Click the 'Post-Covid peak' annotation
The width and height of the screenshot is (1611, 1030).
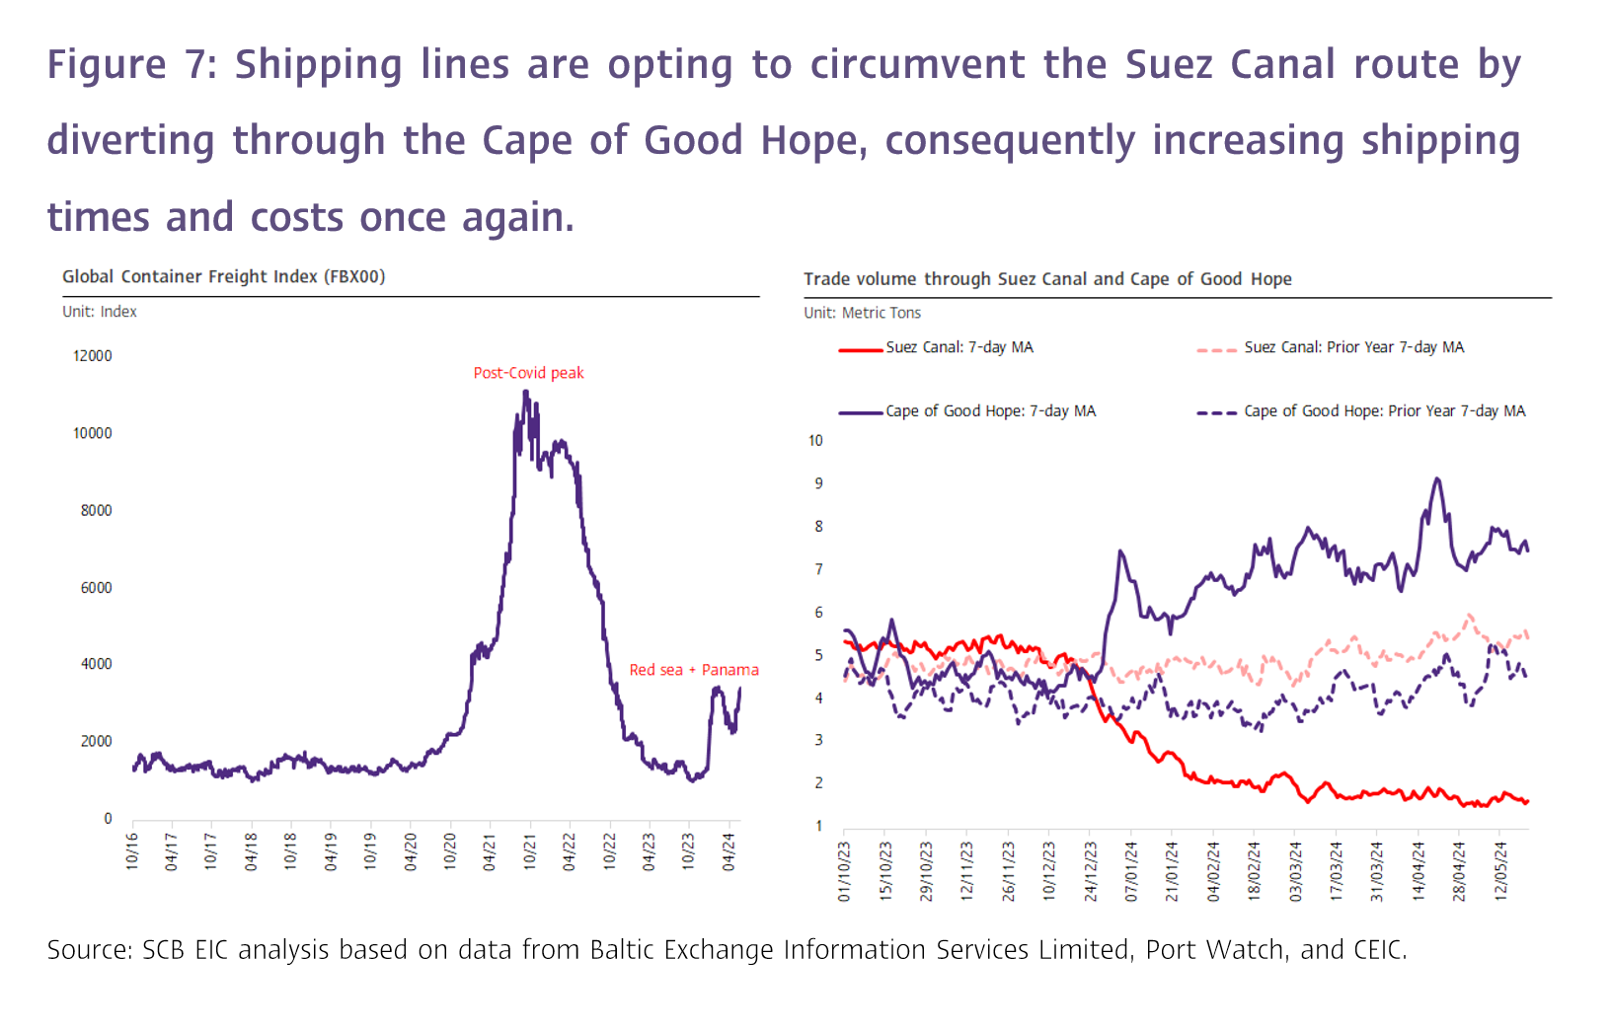point(528,373)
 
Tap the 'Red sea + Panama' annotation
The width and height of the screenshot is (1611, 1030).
point(694,670)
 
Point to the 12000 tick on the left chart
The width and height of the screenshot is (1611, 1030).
point(93,356)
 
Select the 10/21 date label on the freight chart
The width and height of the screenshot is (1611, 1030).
point(530,851)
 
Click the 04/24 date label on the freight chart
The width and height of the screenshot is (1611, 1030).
point(729,851)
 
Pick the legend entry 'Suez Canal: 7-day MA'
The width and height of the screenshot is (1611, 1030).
point(959,347)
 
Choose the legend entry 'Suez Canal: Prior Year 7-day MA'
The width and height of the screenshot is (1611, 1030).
point(1353,347)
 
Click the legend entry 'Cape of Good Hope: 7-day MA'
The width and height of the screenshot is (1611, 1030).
point(990,411)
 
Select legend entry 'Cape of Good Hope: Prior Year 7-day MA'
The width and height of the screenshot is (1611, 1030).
point(1384,411)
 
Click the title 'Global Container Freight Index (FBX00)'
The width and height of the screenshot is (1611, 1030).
point(223,277)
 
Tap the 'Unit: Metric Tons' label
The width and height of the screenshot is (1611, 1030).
point(862,313)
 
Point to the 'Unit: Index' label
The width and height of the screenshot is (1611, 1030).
point(100,312)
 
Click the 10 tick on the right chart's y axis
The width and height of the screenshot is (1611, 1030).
point(815,441)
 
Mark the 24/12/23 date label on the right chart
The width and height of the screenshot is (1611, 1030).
point(1091,871)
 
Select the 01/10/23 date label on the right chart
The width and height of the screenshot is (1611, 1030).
point(845,871)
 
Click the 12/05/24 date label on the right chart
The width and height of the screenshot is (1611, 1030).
point(1500,871)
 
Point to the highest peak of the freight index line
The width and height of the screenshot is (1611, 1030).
point(525,392)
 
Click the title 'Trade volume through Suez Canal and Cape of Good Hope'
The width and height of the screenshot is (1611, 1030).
point(1047,279)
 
